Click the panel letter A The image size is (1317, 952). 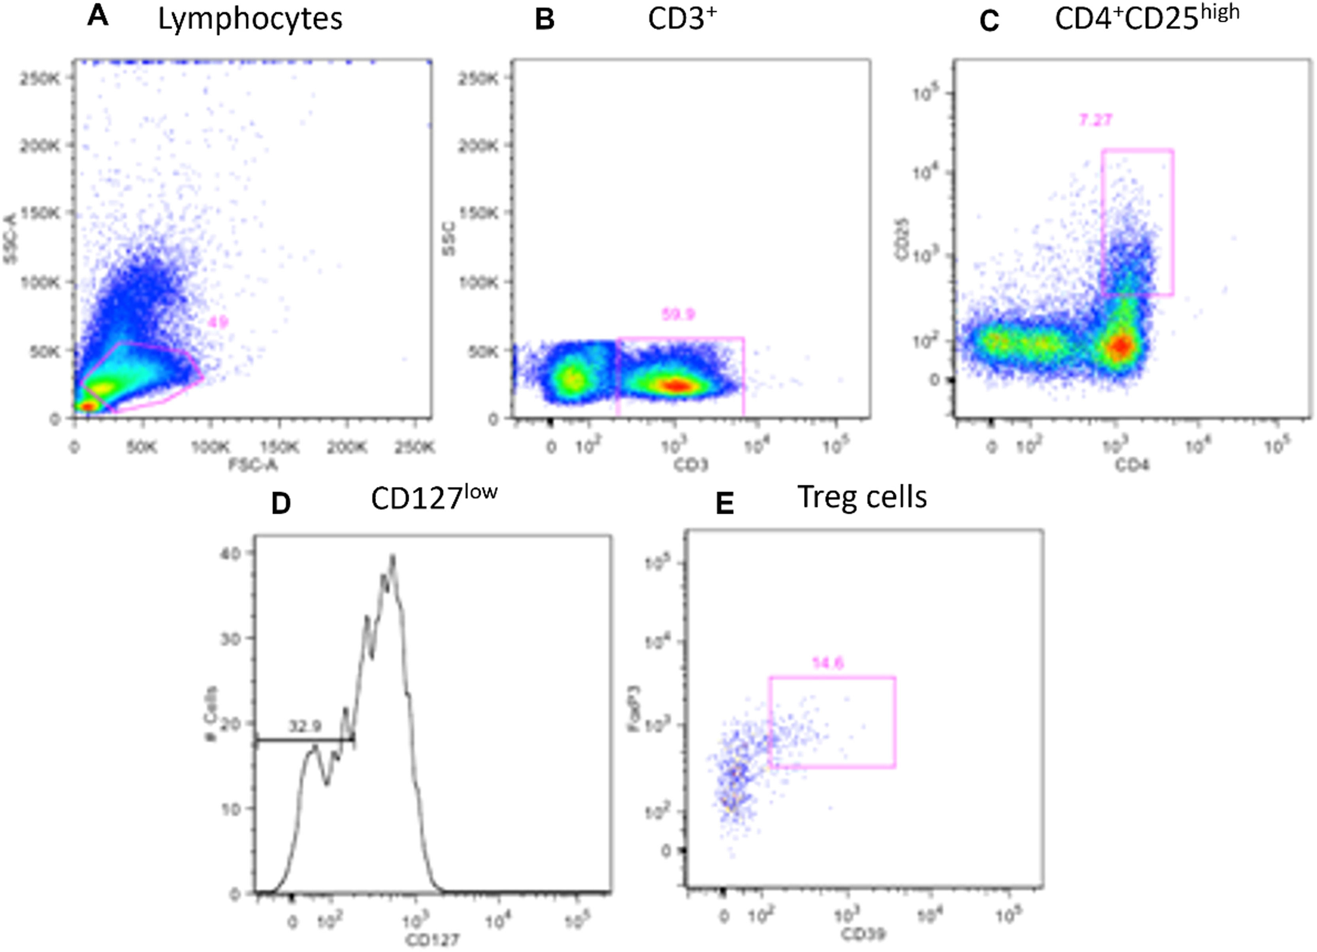tap(98, 16)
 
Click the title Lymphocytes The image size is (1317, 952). tap(250, 19)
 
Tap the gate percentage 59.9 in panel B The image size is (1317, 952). tap(678, 314)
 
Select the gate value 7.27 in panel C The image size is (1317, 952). tap(1095, 120)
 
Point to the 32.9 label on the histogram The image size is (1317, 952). tap(305, 726)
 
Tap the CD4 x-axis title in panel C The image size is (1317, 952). tap(1132, 465)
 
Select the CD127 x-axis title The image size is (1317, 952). tap(432, 939)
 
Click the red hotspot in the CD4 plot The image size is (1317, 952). tap(1121, 346)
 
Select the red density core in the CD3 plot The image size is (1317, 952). tap(677, 385)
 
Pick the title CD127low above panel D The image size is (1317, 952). tap(434, 497)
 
